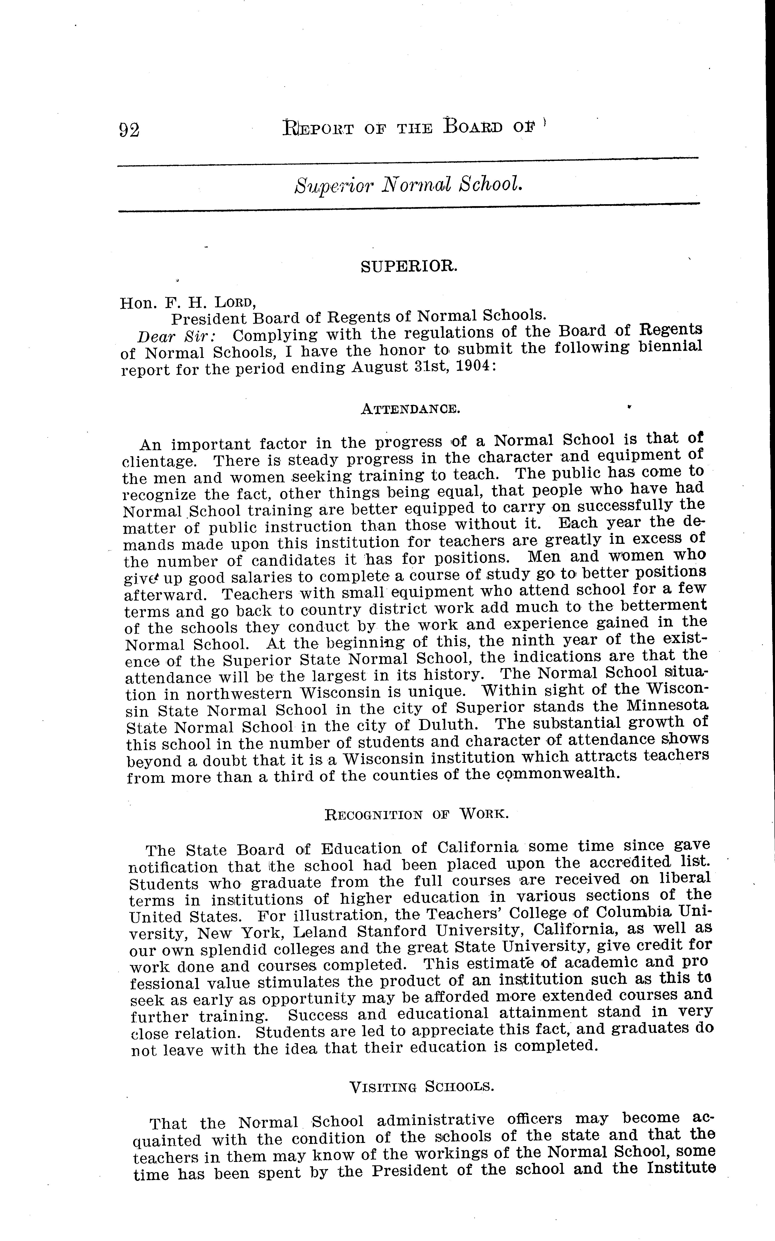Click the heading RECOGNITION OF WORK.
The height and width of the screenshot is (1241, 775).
(x=417, y=814)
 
